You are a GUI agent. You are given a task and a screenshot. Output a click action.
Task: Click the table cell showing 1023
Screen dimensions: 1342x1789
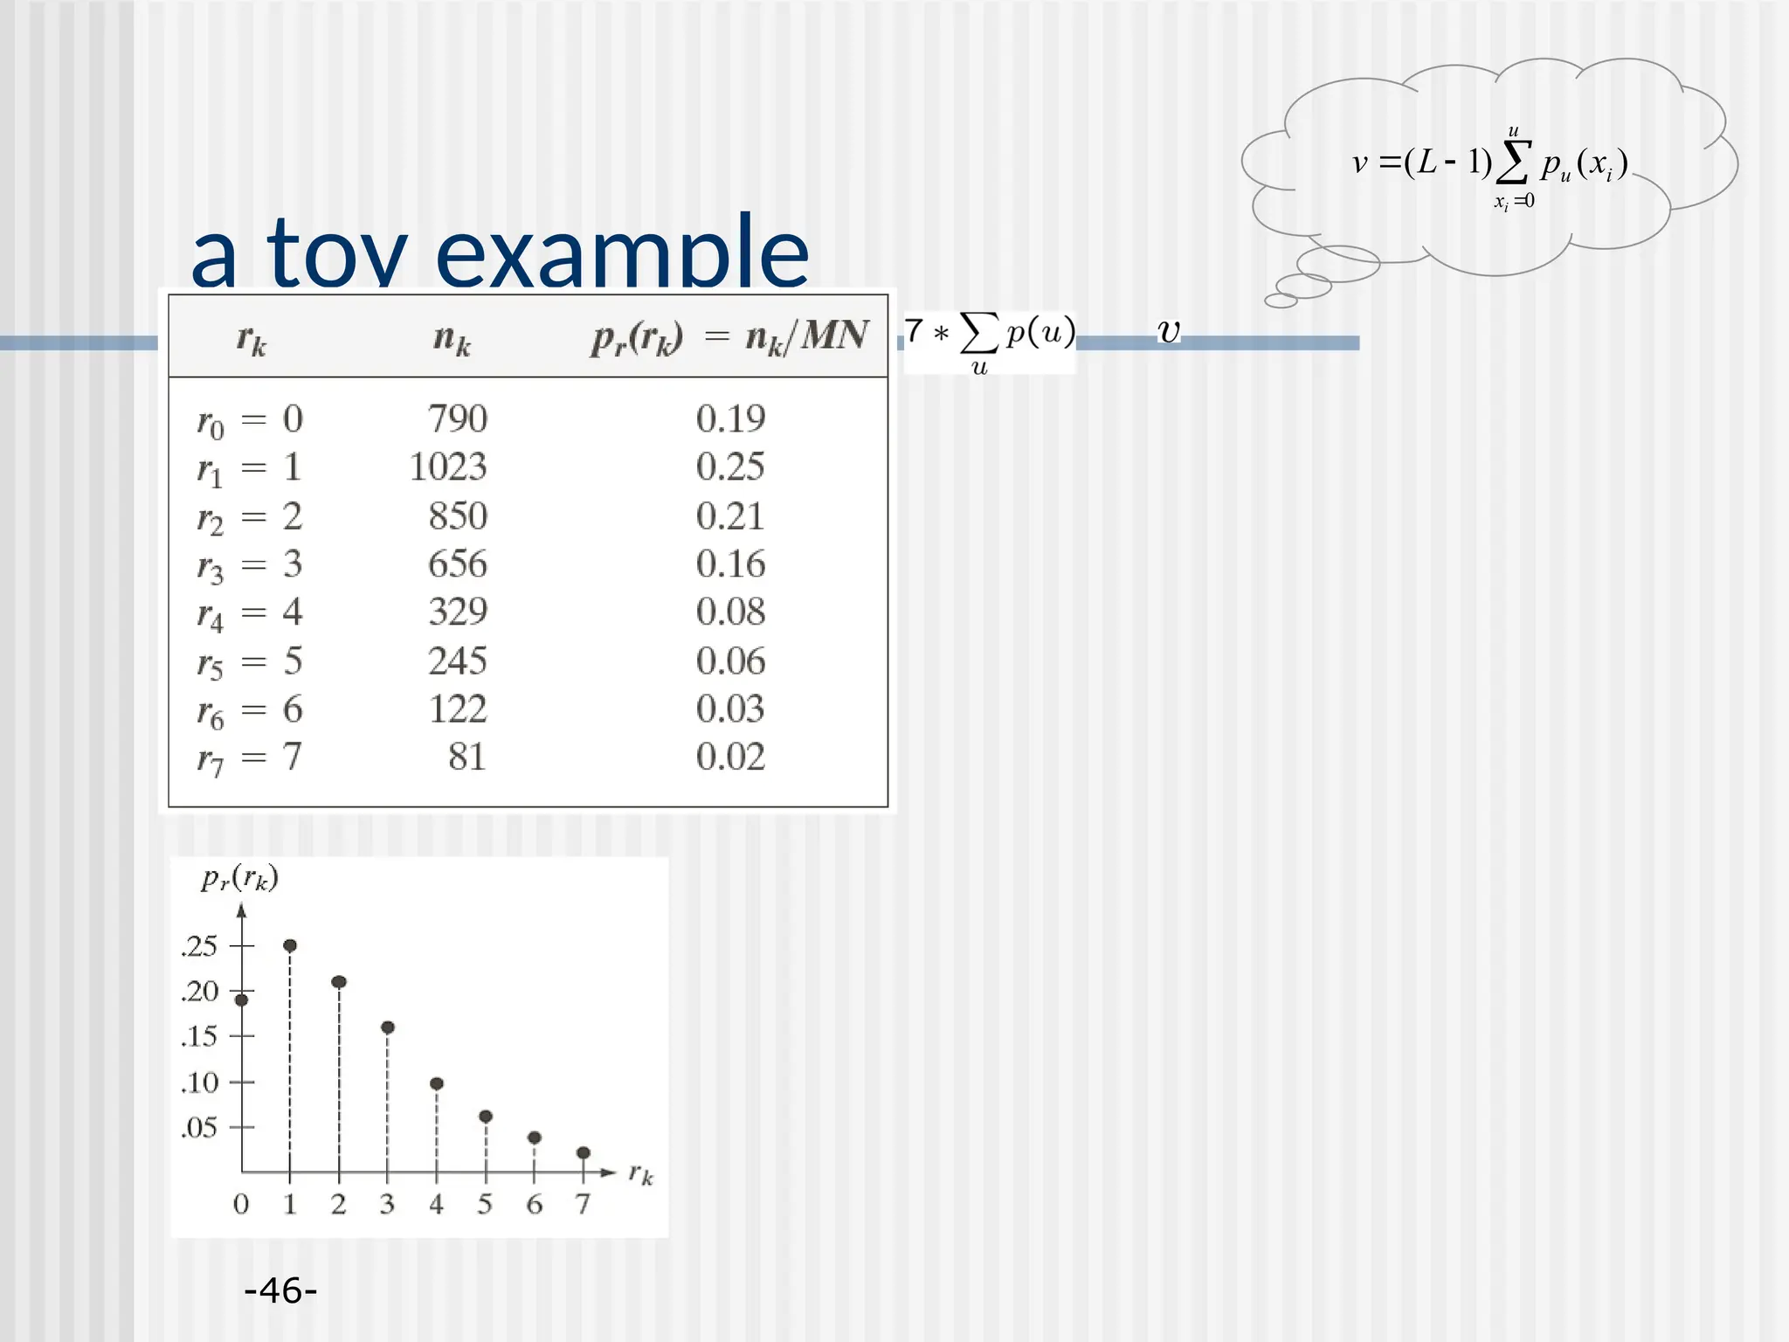[x=447, y=467]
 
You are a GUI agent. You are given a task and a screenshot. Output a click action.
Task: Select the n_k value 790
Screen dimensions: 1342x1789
[x=458, y=419]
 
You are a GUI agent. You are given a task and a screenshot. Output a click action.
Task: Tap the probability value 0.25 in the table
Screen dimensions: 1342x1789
[x=730, y=467]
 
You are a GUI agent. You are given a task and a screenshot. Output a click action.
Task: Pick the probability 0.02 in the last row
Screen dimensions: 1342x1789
[x=730, y=757]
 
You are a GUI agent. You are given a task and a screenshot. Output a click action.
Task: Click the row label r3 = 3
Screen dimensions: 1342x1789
[x=250, y=565]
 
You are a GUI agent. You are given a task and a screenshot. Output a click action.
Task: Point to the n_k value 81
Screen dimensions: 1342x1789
[x=466, y=757]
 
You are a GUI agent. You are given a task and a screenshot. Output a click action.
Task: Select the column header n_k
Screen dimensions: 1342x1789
[x=452, y=338]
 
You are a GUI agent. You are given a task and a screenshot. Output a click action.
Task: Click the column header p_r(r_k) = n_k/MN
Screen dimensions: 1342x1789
[x=729, y=337]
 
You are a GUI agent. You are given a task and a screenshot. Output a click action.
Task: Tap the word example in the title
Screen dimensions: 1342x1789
[x=622, y=253]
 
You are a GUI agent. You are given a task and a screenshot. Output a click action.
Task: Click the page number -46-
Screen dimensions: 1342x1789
[x=280, y=1290]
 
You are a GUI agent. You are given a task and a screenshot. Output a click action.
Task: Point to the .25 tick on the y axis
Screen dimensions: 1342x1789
[x=199, y=946]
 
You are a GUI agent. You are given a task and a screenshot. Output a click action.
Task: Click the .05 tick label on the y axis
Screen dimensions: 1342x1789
[x=199, y=1127]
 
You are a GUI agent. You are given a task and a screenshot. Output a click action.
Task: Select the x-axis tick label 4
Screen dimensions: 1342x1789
[x=436, y=1205]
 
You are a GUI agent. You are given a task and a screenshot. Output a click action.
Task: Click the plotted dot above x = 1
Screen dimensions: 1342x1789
[x=290, y=945]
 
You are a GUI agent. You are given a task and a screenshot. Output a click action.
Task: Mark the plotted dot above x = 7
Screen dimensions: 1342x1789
[x=584, y=1152]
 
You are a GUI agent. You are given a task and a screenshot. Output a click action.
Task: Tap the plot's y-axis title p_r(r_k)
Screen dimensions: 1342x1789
[x=239, y=878]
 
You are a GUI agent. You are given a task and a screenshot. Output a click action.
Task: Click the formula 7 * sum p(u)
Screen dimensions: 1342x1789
[x=990, y=341]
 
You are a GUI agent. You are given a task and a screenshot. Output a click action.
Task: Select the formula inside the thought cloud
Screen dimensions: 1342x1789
[x=1489, y=166]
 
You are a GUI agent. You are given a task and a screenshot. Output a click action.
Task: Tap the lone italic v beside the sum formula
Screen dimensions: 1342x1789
[x=1168, y=331]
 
